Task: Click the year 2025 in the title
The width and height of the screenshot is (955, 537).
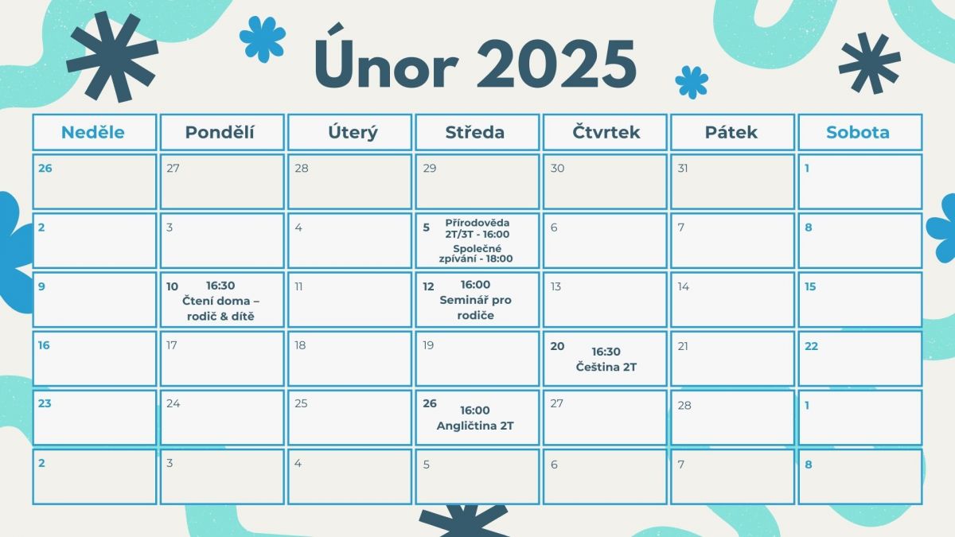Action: pyautogui.click(x=556, y=64)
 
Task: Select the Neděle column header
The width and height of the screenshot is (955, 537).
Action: pyautogui.click(x=93, y=132)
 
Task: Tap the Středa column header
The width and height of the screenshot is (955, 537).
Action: pyautogui.click(x=475, y=132)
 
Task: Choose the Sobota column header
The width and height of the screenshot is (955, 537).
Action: pyautogui.click(x=858, y=132)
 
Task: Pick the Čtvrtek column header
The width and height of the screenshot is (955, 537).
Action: pyautogui.click(x=606, y=132)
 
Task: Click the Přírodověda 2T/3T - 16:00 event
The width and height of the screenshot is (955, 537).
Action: pyautogui.click(x=477, y=228)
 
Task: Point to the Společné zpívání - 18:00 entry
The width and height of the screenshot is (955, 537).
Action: pyautogui.click(x=476, y=254)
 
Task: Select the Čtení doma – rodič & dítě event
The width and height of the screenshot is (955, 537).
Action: pyautogui.click(x=221, y=309)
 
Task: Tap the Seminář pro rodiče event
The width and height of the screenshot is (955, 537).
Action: pyautogui.click(x=475, y=307)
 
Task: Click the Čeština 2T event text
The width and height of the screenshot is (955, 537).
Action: pyautogui.click(x=606, y=367)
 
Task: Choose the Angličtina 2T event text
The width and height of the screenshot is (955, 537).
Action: pyautogui.click(x=475, y=426)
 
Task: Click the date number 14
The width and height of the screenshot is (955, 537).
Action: pyautogui.click(x=684, y=286)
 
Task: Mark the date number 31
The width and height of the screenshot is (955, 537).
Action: pyautogui.click(x=683, y=168)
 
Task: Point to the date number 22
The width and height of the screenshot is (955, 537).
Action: pyautogui.click(x=811, y=346)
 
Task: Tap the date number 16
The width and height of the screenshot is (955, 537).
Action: pyautogui.click(x=44, y=345)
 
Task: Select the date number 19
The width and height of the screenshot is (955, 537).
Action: pyautogui.click(x=428, y=345)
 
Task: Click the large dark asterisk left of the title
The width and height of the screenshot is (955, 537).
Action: pyautogui.click(x=112, y=56)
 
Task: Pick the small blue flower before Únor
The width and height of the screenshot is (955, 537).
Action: pyautogui.click(x=263, y=39)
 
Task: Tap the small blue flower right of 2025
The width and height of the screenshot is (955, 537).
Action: pyautogui.click(x=692, y=82)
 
